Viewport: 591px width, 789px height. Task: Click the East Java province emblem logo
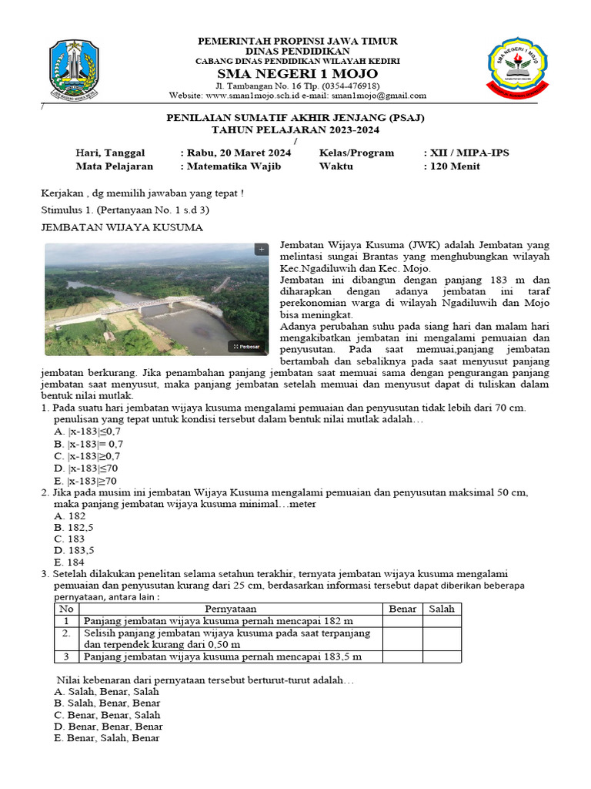pos(74,71)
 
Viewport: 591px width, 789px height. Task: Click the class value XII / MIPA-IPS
pos(466,153)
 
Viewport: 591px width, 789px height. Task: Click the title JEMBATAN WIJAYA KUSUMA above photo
pos(121,227)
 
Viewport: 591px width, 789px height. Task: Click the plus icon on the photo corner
pos(261,250)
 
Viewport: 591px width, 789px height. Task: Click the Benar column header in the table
pos(402,609)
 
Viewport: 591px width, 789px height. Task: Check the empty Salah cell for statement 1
pos(442,620)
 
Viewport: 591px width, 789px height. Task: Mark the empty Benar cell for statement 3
pos(402,656)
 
